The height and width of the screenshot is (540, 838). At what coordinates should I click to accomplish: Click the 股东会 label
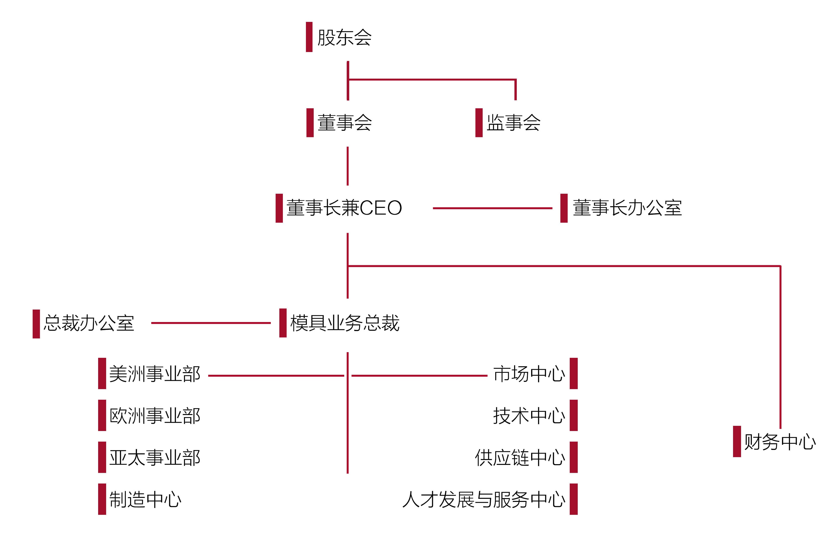344,37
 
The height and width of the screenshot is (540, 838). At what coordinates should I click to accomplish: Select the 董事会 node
344,123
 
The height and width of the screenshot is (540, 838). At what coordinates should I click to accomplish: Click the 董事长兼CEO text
344,208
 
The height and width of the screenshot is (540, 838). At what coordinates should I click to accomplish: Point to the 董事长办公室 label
627,208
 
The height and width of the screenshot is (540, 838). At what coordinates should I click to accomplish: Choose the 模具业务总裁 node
345,323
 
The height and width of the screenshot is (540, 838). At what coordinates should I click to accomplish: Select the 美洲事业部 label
155,374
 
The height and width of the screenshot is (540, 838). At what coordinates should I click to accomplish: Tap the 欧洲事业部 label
155,416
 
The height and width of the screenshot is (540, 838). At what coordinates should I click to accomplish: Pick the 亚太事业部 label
155,458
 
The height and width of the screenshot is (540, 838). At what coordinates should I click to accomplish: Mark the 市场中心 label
529,374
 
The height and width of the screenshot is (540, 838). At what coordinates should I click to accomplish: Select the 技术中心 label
529,416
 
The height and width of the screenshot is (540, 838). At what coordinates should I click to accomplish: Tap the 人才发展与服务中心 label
484,499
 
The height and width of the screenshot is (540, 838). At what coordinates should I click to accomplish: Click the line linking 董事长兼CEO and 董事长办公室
493,208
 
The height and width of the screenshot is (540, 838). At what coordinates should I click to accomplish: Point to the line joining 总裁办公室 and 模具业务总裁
211,323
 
